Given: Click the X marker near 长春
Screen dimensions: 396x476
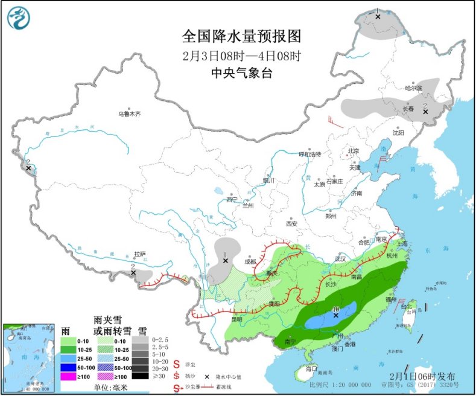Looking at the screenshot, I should (x=425, y=112).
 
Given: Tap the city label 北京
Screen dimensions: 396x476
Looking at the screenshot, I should (x=353, y=151).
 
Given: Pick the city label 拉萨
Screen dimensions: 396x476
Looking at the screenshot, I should (x=140, y=254).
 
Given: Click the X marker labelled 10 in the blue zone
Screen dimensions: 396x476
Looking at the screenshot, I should (x=336, y=315).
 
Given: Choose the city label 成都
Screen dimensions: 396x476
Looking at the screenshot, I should (x=250, y=261).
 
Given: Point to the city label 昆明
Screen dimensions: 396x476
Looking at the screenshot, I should (x=235, y=319).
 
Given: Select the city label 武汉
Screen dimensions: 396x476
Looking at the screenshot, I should (x=340, y=259).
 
